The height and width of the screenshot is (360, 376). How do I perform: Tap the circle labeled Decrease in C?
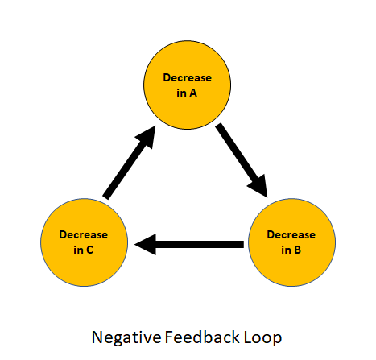point(85,242)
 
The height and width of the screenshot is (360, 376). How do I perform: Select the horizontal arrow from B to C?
point(188,243)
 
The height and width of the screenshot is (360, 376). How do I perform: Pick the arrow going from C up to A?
point(130,164)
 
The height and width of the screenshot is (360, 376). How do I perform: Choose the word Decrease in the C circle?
point(85,235)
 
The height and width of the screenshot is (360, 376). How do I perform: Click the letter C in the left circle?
point(91,250)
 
